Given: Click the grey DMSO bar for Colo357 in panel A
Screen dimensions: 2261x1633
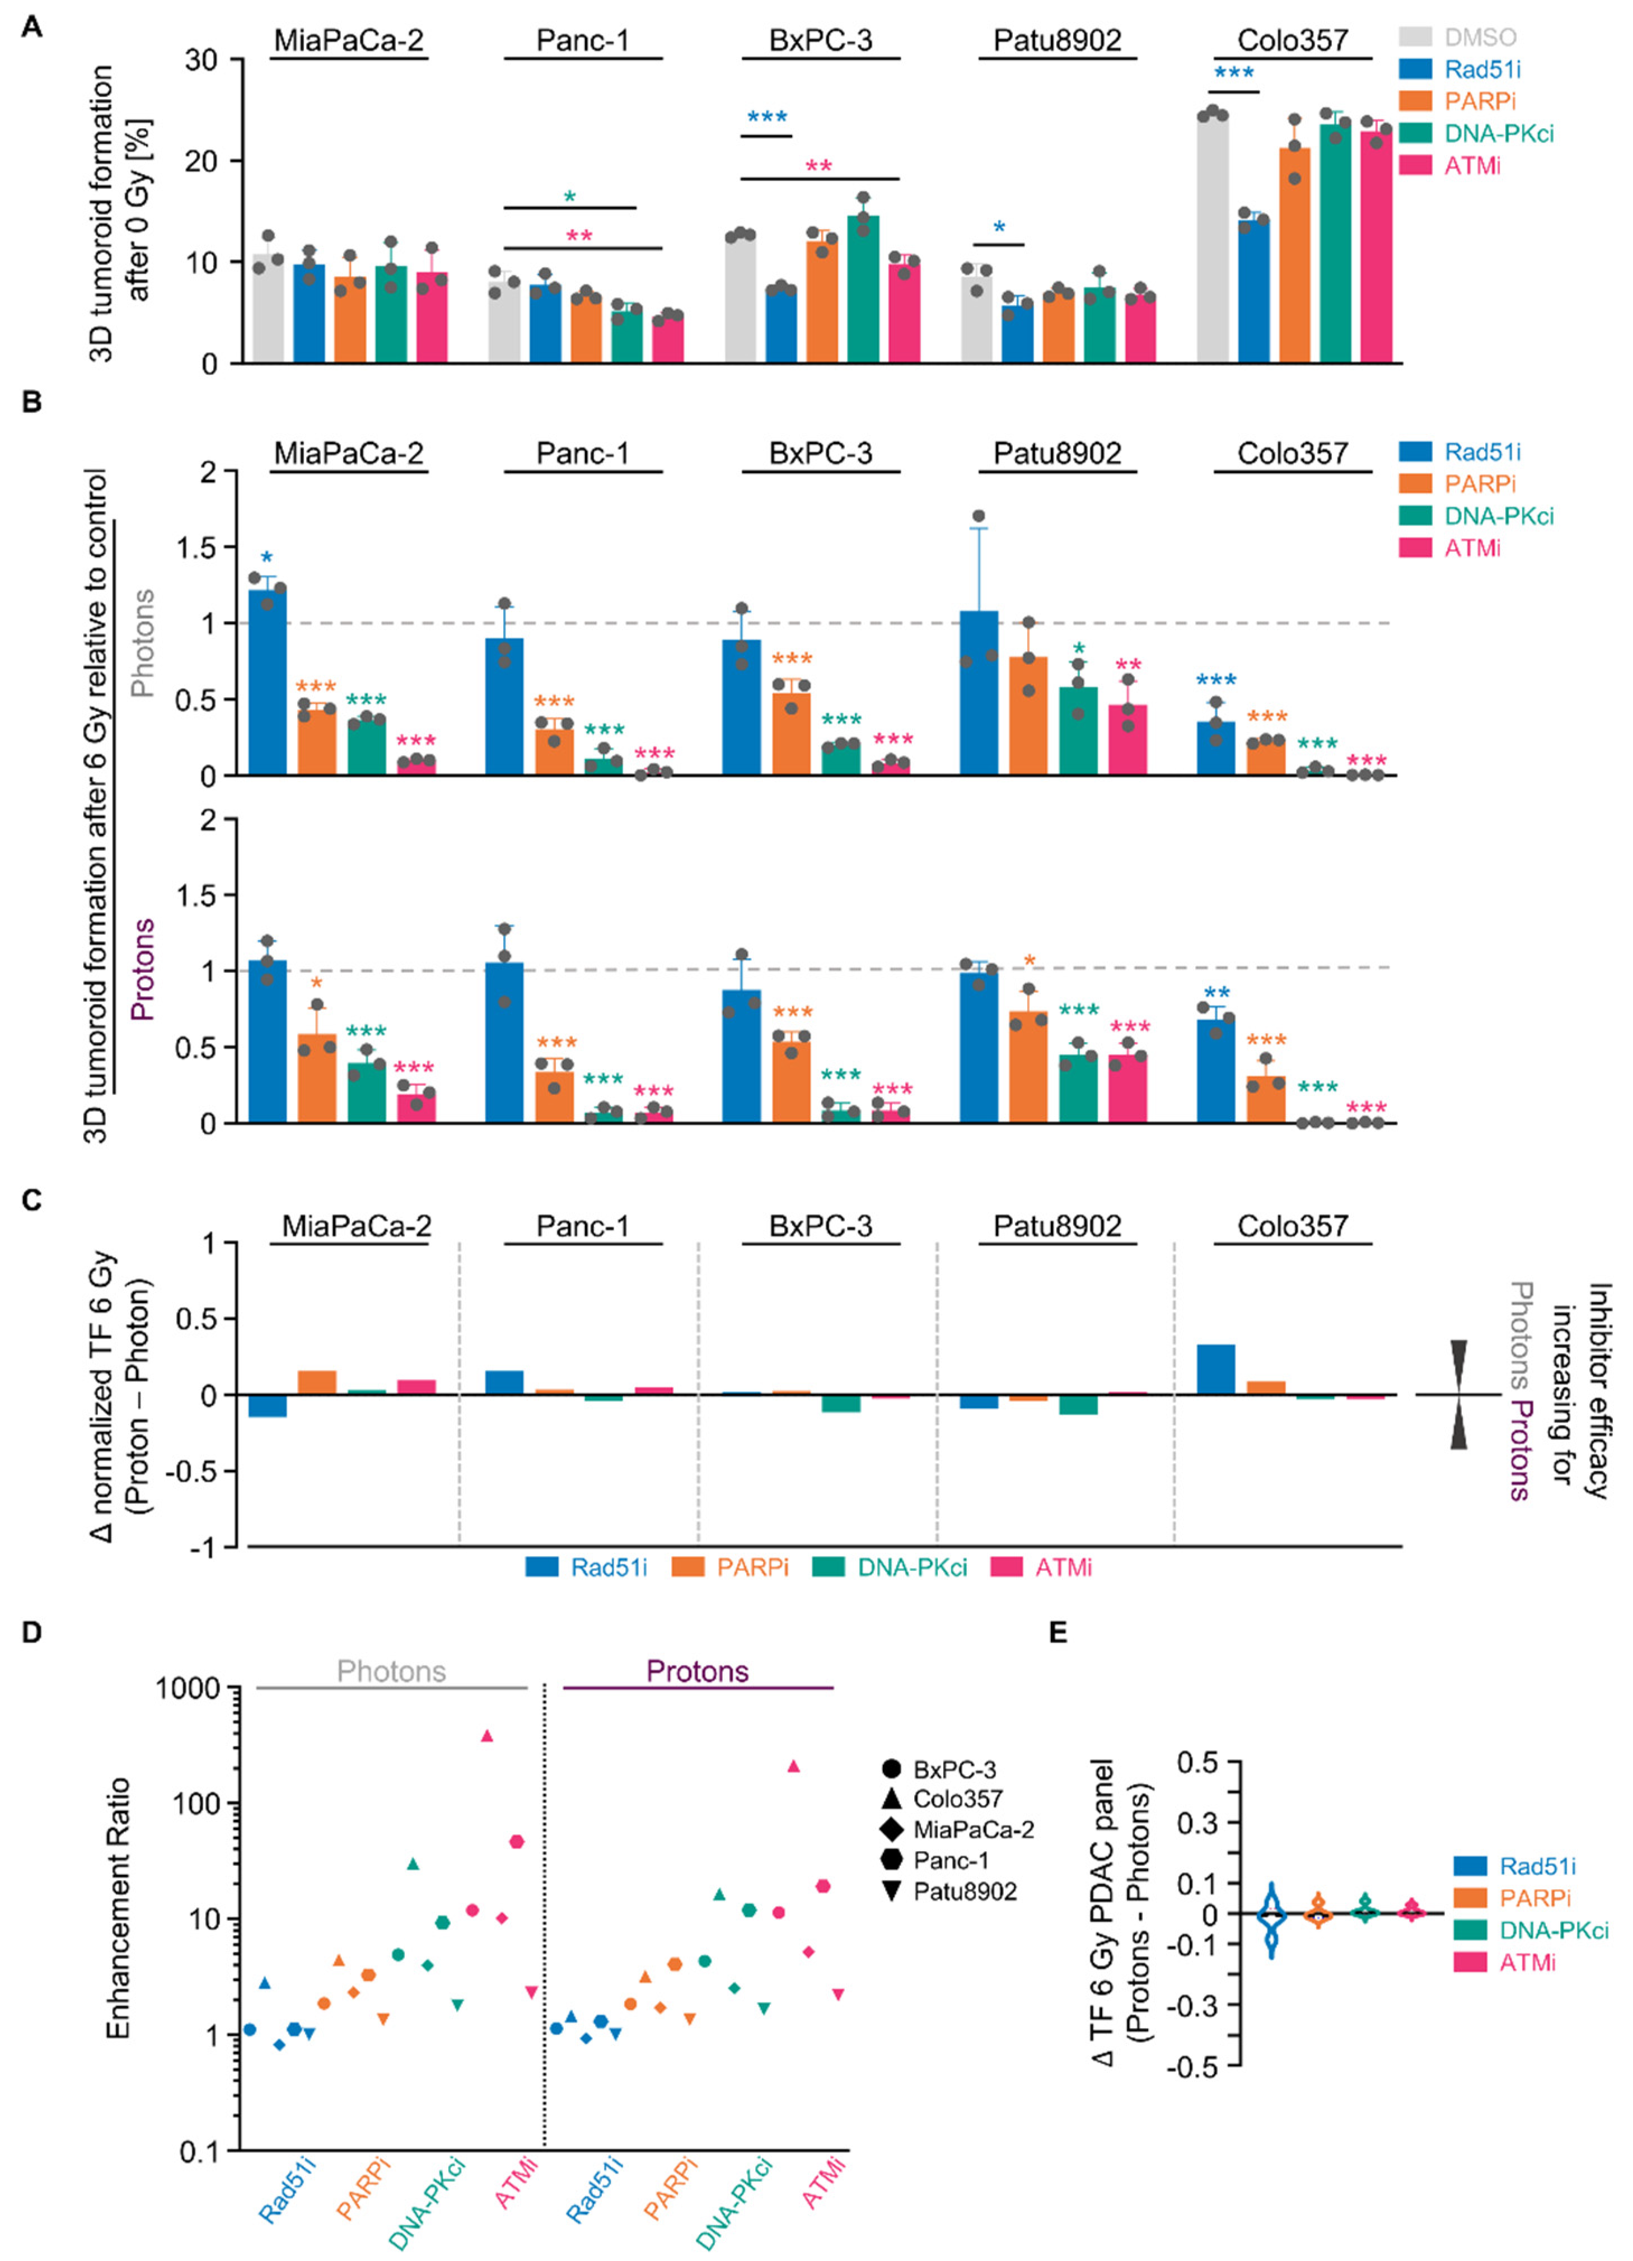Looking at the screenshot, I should click(x=1212, y=239).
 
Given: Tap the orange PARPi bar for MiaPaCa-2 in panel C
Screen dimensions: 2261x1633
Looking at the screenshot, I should click(x=317, y=1382).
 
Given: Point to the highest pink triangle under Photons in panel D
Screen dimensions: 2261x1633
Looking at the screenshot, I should click(x=488, y=1736).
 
